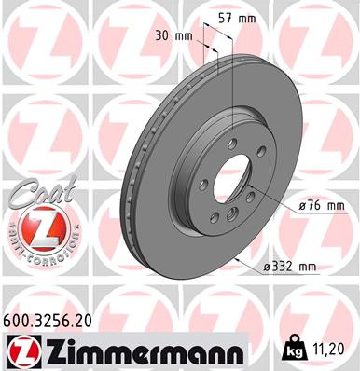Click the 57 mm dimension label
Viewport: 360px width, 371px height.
[243, 18]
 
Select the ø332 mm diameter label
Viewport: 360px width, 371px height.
[291, 268]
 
